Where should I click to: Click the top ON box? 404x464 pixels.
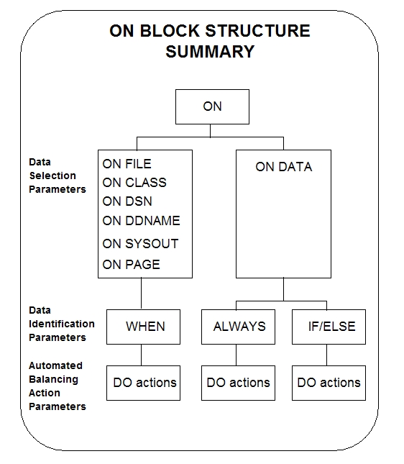click(212, 106)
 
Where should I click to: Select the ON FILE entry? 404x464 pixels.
click(127, 164)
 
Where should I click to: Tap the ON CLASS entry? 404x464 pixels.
click(134, 183)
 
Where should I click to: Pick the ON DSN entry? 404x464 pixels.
click(127, 201)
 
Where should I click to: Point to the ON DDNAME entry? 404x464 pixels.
click(141, 221)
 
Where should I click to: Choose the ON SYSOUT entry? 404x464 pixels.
click(140, 244)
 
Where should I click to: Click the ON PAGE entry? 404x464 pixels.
click(131, 265)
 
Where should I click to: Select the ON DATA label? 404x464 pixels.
click(284, 167)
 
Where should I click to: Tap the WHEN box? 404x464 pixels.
click(144, 327)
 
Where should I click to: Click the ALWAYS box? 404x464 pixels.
click(239, 327)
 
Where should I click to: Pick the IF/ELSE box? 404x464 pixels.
click(329, 327)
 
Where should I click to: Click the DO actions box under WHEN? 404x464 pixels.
click(144, 383)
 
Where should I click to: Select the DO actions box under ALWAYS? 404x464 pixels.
click(239, 383)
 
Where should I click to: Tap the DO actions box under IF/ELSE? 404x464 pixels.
click(329, 383)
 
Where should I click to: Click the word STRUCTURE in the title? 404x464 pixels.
click(257, 31)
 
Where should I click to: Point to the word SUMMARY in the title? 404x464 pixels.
click(210, 52)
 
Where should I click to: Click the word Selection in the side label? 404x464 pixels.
click(52, 176)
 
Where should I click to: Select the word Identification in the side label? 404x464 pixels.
click(62, 324)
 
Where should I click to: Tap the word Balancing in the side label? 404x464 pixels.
click(53, 380)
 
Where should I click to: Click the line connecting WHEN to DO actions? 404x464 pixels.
click(142, 355)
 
